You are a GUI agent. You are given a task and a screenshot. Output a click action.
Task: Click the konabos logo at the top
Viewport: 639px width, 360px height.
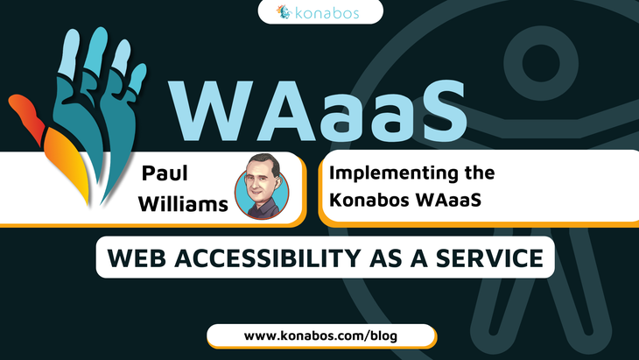coord(319,12)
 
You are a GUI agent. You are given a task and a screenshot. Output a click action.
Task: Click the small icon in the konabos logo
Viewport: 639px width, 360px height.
coord(283,12)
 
